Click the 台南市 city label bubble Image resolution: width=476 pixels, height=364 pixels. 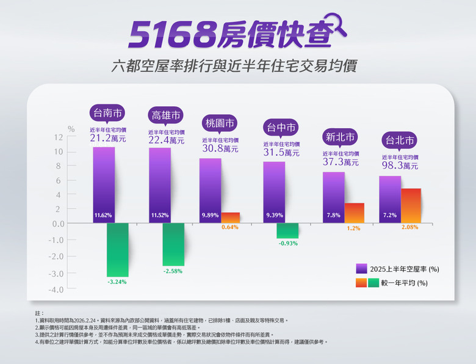(107, 113)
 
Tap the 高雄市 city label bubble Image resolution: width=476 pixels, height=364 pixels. (166, 115)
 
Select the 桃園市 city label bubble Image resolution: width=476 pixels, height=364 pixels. (220, 123)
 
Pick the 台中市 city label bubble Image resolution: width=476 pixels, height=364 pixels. (281, 128)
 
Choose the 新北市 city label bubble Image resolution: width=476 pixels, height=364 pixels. (341, 137)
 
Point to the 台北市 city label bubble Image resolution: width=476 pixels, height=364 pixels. (400, 140)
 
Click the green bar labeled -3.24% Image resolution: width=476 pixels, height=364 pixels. (117, 250)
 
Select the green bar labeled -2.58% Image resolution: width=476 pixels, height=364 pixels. (173, 244)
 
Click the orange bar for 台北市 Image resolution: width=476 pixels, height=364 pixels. (411, 206)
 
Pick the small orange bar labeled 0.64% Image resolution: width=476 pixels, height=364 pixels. (230, 218)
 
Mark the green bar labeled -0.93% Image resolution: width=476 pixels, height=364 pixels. (287, 231)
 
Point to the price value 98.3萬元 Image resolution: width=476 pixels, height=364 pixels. (400, 166)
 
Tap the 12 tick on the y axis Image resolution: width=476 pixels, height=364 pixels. (59, 137)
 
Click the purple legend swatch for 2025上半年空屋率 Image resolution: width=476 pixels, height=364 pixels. (361, 268)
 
